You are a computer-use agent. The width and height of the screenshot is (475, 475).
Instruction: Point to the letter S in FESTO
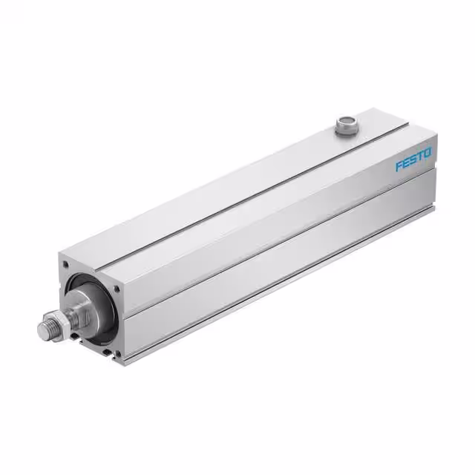click(x=416, y=159)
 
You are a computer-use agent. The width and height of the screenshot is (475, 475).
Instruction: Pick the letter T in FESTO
click(x=425, y=155)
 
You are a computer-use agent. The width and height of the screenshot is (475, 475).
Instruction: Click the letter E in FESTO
click(x=407, y=163)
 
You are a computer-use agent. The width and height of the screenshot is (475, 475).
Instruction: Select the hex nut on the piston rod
click(x=62, y=318)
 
